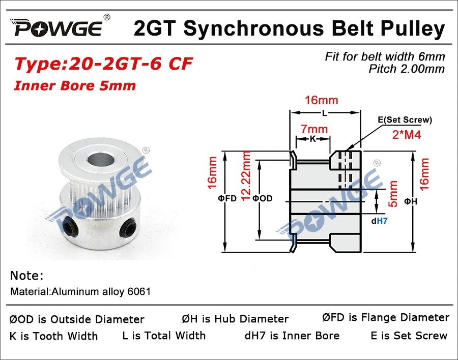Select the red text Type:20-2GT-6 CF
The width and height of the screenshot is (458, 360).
pyautogui.click(x=103, y=64)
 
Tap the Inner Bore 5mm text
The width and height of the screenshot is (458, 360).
pyautogui.click(x=75, y=85)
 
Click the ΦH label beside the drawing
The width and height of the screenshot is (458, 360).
pyautogui.click(x=411, y=202)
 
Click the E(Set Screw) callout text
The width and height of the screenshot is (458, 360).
pyautogui.click(x=405, y=120)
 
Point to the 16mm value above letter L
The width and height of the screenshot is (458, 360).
pyautogui.click(x=321, y=100)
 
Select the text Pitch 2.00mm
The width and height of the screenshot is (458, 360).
pyautogui.click(x=407, y=69)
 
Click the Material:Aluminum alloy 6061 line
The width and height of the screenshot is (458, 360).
pyautogui.click(x=80, y=292)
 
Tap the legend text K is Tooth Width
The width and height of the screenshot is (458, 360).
pyautogui.click(x=53, y=336)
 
